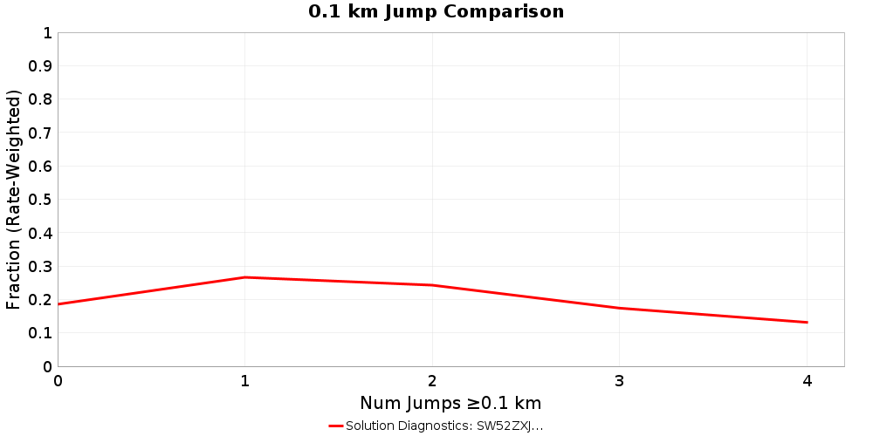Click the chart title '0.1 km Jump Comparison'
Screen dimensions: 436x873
point(436,12)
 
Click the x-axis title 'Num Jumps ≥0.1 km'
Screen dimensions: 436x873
point(450,403)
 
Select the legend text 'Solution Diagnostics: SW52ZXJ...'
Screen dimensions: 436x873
point(444,426)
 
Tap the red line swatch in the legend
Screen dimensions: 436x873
point(336,426)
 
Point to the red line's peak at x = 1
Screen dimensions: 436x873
point(245,277)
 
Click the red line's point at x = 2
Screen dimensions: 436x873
point(432,285)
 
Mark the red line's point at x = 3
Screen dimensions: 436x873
point(619,308)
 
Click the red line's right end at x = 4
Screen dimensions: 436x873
point(807,323)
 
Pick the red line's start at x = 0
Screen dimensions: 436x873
point(58,304)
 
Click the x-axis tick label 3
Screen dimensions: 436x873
point(619,381)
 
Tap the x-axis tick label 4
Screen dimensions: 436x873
point(807,381)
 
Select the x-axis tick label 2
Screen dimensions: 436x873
point(432,381)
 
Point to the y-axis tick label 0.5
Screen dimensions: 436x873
point(40,200)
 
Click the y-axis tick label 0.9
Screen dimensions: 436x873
point(40,66)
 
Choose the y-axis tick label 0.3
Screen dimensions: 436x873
point(40,267)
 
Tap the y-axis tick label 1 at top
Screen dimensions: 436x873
point(47,33)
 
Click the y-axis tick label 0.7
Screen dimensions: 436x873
point(40,133)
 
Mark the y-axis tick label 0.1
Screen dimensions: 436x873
point(40,333)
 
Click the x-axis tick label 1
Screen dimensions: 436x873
point(245,381)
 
